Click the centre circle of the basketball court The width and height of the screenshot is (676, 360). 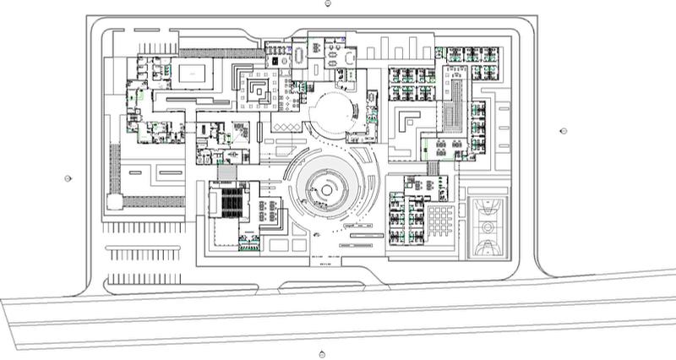486,226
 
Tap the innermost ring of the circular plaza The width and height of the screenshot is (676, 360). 326,191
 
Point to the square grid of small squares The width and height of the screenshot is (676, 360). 440,221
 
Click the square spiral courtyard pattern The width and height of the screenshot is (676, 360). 259,88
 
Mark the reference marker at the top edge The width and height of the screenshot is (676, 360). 328,3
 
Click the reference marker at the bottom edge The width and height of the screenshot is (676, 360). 322,354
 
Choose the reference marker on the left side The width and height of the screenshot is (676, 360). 68,178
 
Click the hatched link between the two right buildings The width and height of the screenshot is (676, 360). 432,167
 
